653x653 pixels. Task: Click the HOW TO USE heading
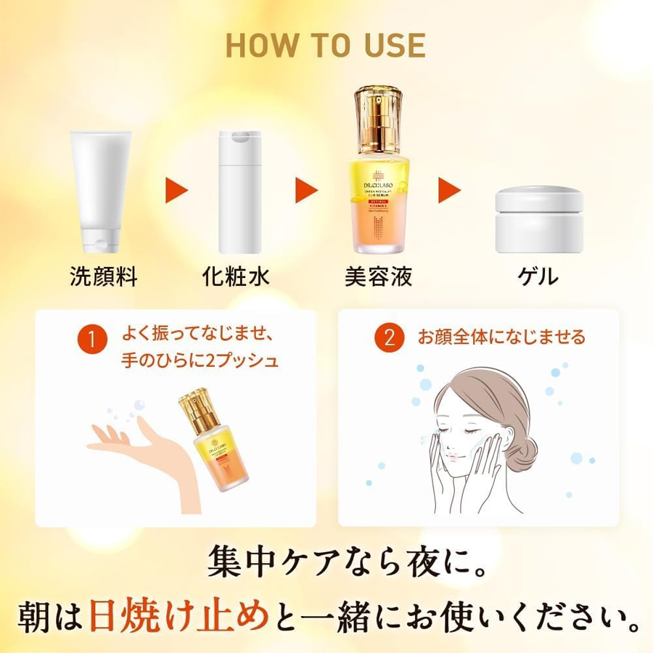click(x=326, y=45)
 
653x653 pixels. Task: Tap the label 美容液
click(x=378, y=276)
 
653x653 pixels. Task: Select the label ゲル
click(x=538, y=276)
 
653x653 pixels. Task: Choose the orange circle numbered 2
click(x=390, y=339)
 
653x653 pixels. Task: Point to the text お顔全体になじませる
click(x=501, y=337)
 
